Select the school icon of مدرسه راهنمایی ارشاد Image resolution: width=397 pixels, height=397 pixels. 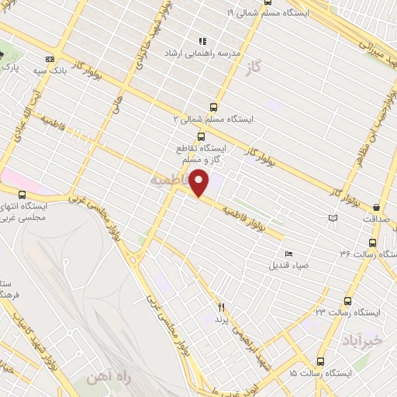click(202, 42)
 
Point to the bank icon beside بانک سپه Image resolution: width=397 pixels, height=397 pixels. click(51, 59)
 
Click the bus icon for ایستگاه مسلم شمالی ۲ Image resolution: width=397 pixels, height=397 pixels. click(214, 108)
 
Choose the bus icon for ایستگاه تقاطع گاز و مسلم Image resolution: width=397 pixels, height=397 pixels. click(202, 136)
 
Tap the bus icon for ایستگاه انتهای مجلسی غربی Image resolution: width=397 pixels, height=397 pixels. click(22, 195)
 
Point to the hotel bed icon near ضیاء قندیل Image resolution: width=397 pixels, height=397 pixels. click(289, 254)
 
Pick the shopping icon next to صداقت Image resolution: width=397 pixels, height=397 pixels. click(376, 207)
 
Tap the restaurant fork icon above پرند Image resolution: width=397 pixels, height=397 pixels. click(220, 307)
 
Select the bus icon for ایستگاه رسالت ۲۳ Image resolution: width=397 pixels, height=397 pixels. click(346, 300)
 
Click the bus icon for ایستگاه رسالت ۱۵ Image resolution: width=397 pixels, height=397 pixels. click(321, 361)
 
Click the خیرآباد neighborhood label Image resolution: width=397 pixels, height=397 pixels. click(362, 340)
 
